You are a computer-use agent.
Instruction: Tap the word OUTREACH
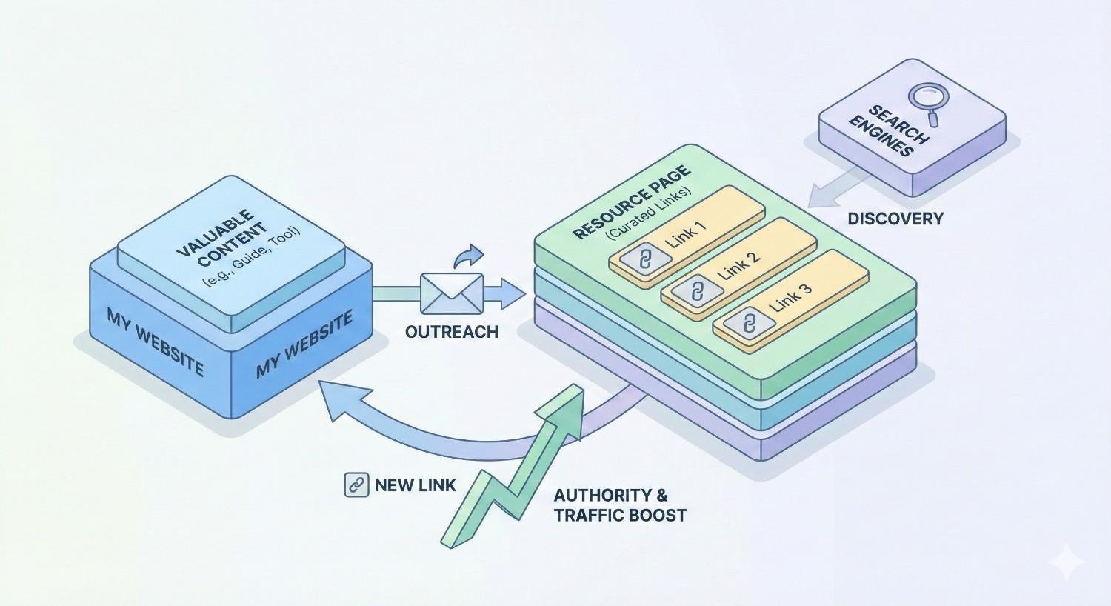click(451, 331)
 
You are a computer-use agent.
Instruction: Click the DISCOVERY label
click(895, 219)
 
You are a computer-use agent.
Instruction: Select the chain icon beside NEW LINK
click(357, 485)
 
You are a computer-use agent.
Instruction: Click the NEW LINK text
click(416, 486)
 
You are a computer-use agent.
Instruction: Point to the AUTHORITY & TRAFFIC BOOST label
click(620, 505)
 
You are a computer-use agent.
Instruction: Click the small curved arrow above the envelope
click(467, 256)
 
